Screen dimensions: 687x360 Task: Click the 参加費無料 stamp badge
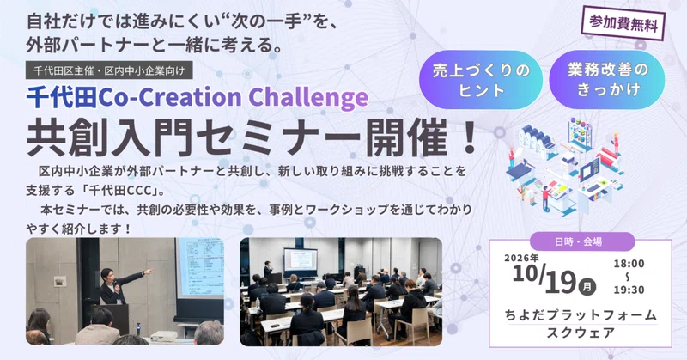coord(623,23)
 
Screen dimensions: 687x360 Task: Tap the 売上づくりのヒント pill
coord(481,80)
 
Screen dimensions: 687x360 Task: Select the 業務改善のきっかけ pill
coord(607,80)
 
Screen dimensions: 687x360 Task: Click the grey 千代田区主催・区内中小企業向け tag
coord(109,70)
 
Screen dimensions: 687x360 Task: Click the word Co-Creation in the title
coord(169,97)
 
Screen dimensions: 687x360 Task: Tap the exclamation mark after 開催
coord(469,137)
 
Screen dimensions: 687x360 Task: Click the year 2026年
coord(521,258)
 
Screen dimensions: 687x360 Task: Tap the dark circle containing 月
coord(587,287)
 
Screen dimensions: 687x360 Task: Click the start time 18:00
coord(629,264)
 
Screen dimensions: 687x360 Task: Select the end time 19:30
coord(629,290)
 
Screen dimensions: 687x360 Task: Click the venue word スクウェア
coord(581,333)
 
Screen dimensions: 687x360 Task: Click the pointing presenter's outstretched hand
coord(149,272)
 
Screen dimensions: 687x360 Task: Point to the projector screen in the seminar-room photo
coord(301,259)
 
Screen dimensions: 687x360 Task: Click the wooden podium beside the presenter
coord(115,320)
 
